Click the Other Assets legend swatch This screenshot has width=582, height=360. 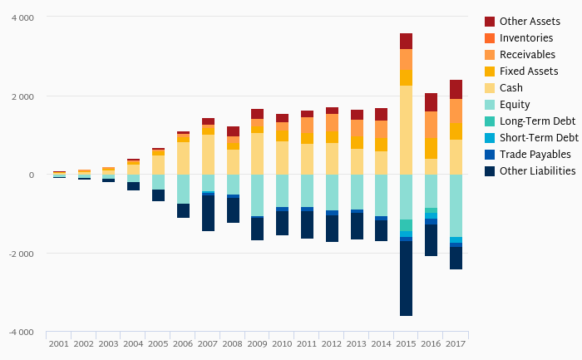tap(490, 21)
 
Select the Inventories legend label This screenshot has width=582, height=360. tap(523, 37)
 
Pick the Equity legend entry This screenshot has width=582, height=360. tap(515, 104)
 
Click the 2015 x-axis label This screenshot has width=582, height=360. tap(406, 343)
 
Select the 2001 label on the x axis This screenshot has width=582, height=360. tap(58, 343)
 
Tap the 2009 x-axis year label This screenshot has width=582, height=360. tap(257, 343)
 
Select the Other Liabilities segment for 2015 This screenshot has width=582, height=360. tap(406, 279)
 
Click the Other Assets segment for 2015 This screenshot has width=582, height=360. tap(406, 41)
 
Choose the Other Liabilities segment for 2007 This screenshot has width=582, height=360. tap(208, 213)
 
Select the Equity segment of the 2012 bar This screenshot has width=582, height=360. tap(332, 192)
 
